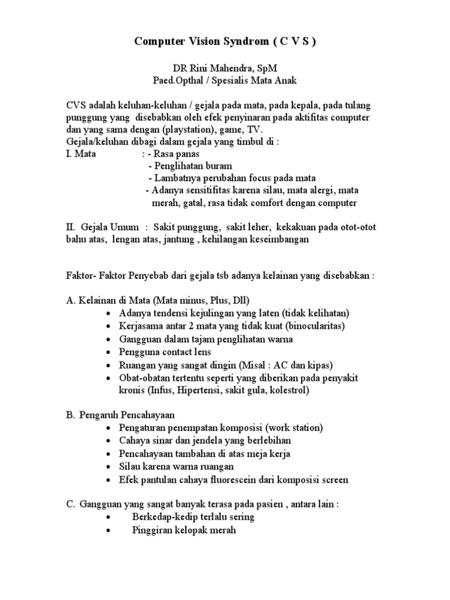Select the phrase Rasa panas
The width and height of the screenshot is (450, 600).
(176, 154)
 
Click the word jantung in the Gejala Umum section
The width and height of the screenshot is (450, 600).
(181, 240)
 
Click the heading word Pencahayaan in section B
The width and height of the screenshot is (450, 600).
(139, 415)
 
